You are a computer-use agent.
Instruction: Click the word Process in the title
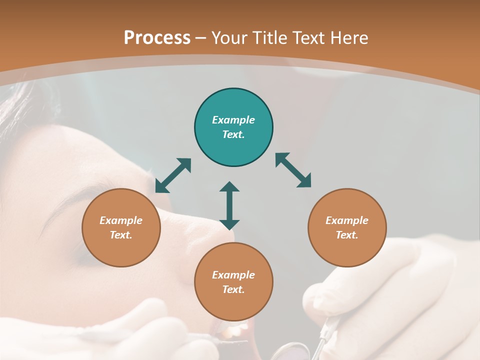[157, 38]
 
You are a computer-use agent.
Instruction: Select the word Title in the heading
[270, 38]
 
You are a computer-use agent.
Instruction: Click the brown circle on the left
[121, 227]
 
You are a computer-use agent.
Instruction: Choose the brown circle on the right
[347, 227]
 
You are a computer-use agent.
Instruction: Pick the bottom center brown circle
[233, 281]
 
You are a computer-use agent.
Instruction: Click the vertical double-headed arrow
[229, 205]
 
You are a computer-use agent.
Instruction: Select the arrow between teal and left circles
[173, 175]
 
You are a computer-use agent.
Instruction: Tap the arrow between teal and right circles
[293, 170]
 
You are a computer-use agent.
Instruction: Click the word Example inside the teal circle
[233, 120]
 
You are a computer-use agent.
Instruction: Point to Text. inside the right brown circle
[347, 235]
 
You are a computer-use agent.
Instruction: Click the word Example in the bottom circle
[233, 275]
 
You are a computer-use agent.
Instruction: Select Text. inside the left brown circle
[121, 235]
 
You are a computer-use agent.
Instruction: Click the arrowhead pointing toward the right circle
[304, 181]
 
